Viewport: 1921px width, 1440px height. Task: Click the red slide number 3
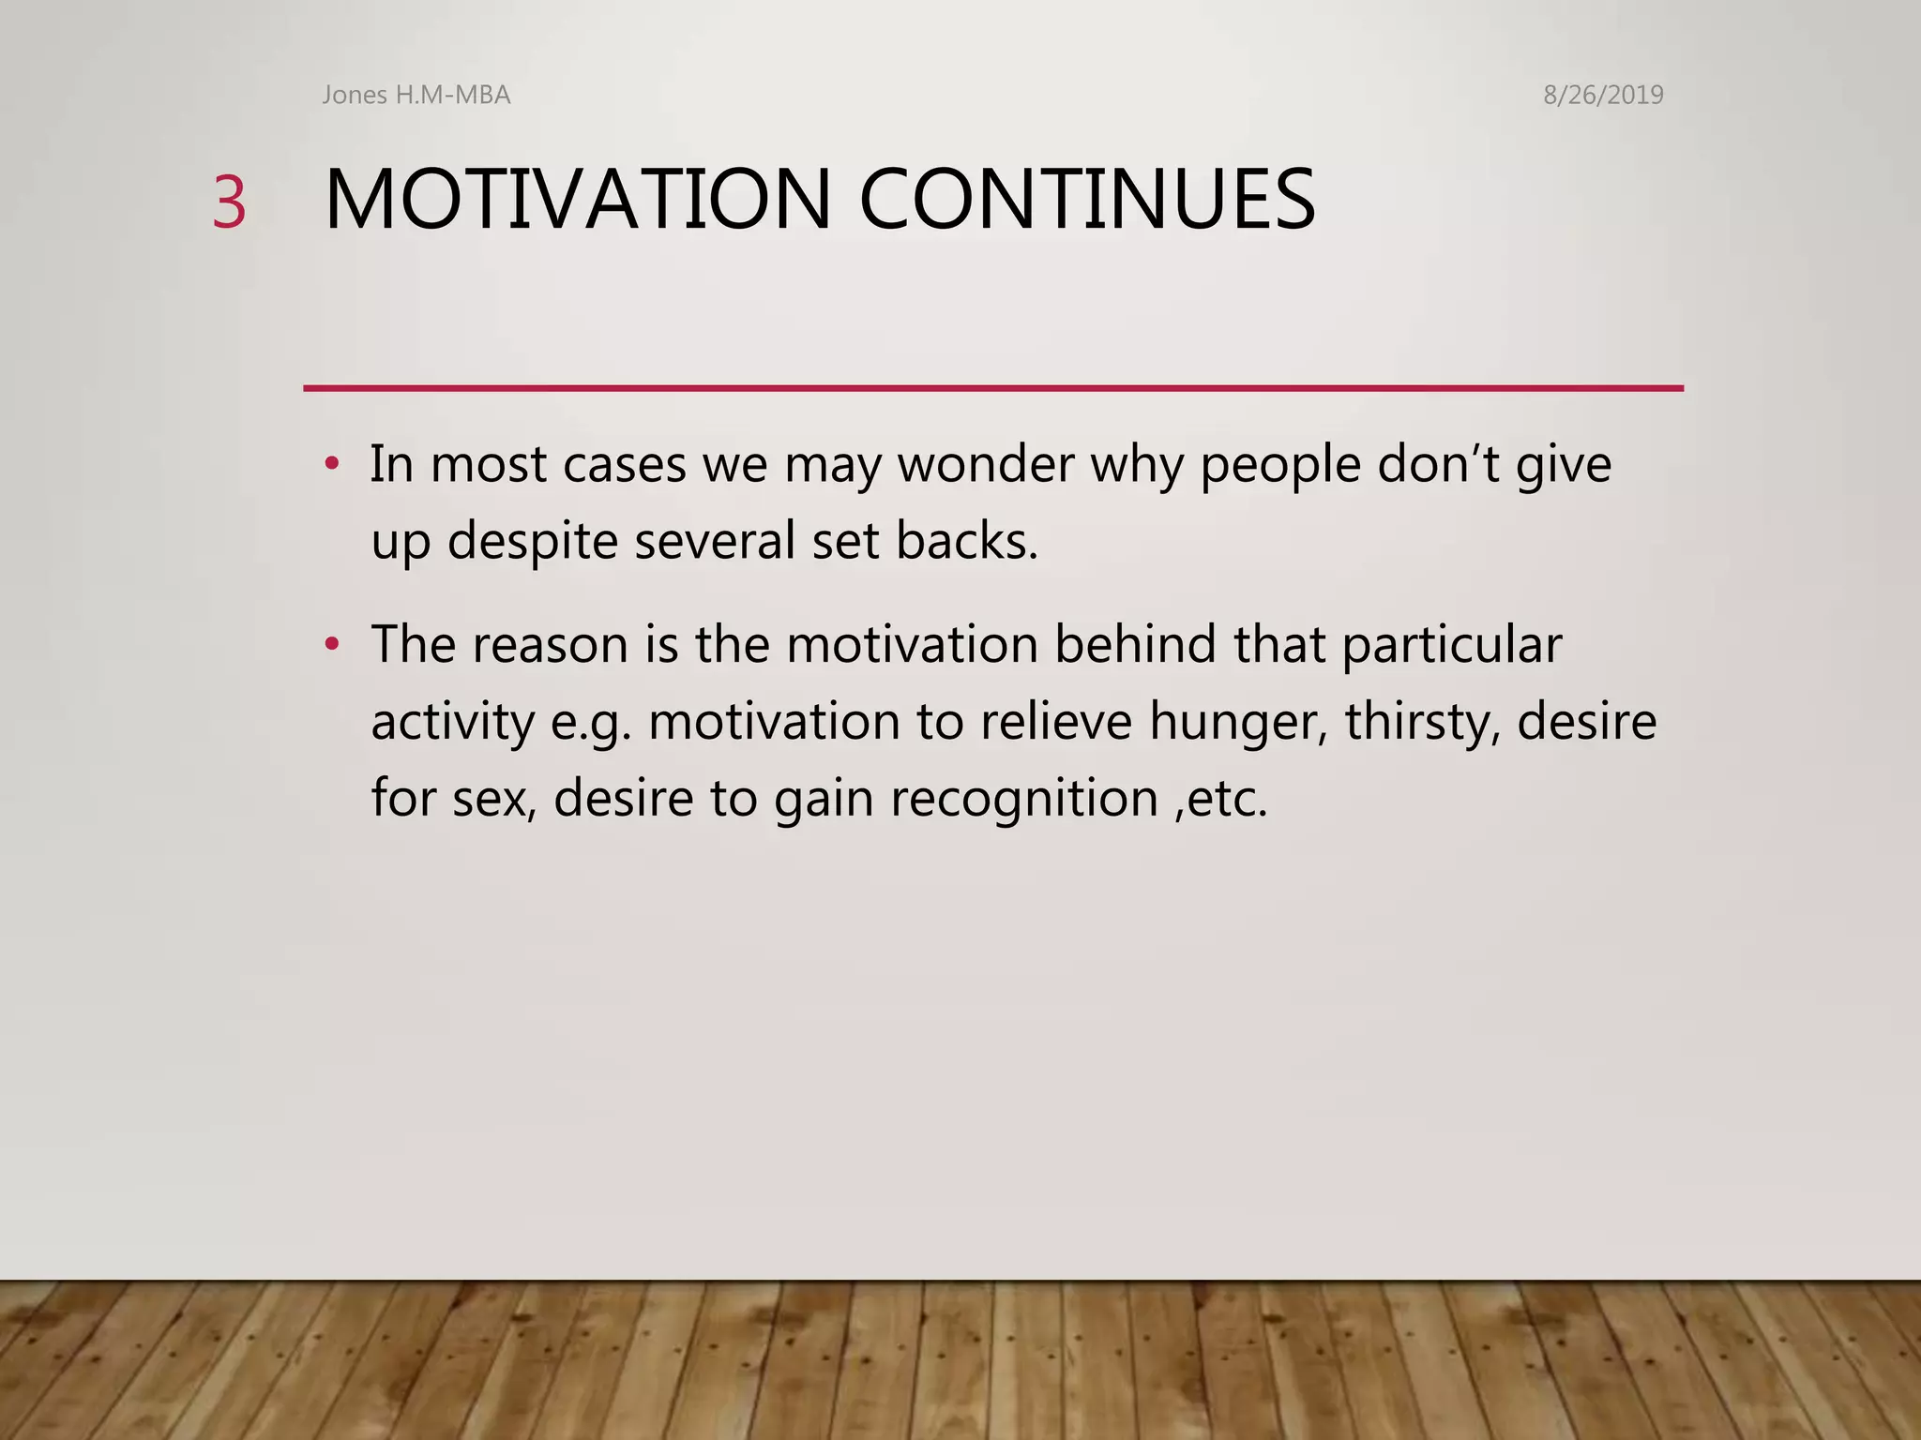229,202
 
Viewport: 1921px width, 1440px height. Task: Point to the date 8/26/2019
1603,95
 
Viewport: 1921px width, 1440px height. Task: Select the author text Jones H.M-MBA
416,95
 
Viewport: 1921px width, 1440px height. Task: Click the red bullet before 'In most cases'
331,464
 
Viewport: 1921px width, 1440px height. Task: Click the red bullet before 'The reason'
331,645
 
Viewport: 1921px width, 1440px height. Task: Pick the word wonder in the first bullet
985,464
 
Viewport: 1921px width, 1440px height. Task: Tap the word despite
532,542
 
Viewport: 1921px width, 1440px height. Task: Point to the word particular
1451,646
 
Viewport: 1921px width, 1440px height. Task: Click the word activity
452,723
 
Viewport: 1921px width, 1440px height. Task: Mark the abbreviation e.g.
591,723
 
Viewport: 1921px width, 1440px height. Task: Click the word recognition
1024,800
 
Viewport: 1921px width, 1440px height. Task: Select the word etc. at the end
1227,800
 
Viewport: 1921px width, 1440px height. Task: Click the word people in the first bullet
1280,466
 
